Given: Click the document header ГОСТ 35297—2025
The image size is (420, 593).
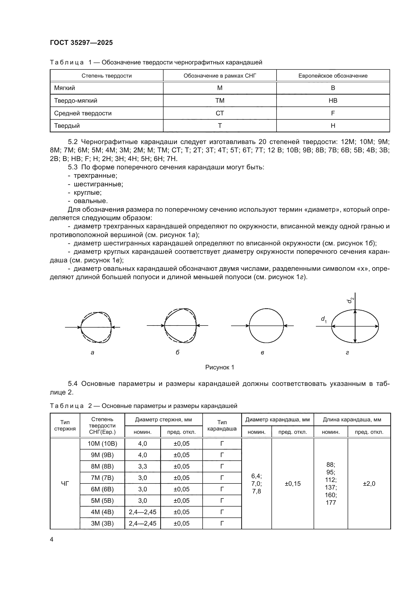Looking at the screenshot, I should [x=81, y=43].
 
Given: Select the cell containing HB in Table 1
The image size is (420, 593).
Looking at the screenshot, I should [x=333, y=100].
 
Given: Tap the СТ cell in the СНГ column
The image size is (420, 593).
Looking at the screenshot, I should [x=220, y=113].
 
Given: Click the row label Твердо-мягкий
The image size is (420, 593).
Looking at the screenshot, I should [x=75, y=100].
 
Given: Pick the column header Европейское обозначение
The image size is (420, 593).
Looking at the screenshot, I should [x=333, y=76].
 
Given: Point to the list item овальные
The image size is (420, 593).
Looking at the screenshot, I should [x=90, y=201].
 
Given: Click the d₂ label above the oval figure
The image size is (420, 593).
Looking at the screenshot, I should [x=350, y=300].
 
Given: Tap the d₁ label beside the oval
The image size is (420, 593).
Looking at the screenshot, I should [x=324, y=319].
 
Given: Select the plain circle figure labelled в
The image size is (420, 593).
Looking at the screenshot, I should [x=266, y=326].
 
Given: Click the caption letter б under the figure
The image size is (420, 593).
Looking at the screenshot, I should [x=177, y=353].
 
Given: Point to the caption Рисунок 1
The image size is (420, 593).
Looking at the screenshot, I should [x=220, y=367].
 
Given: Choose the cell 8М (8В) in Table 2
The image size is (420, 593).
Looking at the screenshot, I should [x=102, y=466].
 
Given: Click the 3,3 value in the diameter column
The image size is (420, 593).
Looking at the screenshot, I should [x=142, y=466].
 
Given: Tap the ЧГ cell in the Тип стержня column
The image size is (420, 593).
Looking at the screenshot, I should [x=65, y=483].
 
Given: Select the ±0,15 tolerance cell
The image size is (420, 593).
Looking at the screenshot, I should [x=293, y=483].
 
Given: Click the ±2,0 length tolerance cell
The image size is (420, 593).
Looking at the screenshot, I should [x=369, y=483].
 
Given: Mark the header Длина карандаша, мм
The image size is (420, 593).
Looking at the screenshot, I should [x=352, y=419].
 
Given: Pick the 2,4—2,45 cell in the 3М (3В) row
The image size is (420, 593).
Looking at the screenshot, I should [x=142, y=523].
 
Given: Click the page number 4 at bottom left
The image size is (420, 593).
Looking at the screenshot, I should [x=52, y=539].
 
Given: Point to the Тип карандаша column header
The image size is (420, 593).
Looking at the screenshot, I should [x=222, y=425].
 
